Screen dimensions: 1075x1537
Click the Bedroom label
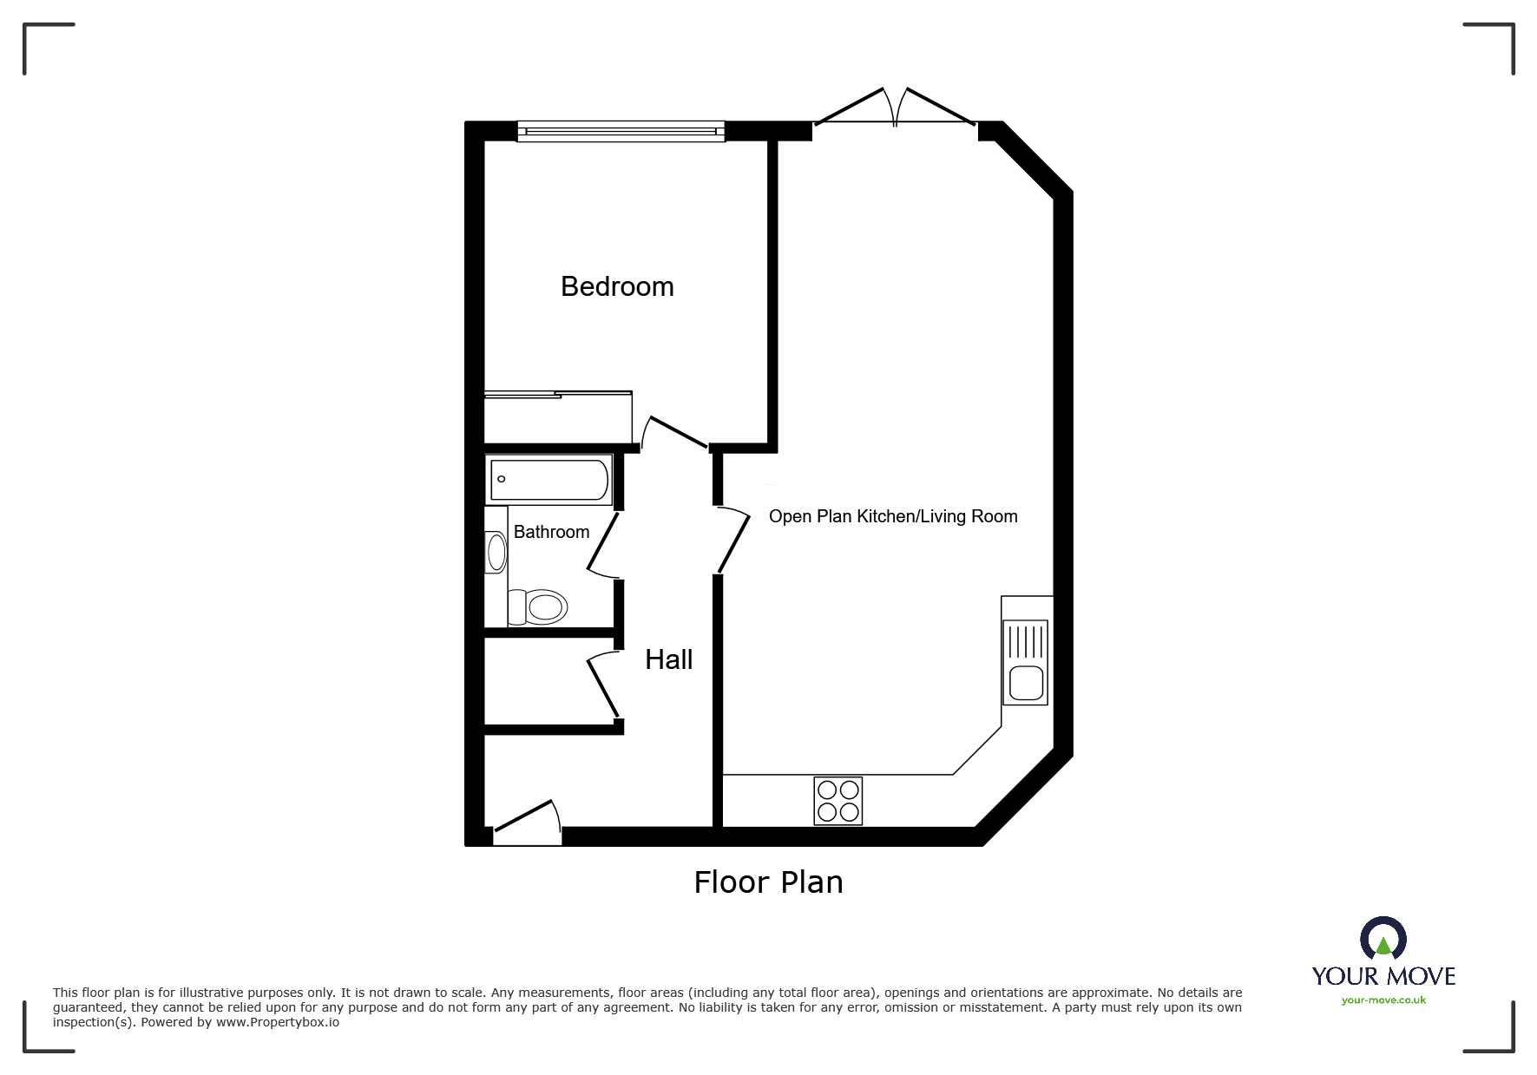(617, 286)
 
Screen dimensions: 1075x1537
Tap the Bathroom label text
(551, 532)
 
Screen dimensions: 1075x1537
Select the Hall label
(668, 659)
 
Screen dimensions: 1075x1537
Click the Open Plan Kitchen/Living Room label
(893, 516)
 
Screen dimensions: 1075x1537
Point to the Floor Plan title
(768, 882)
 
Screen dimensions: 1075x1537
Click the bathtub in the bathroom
(549, 480)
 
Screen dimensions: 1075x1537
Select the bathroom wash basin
(496, 553)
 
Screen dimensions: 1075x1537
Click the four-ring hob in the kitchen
(838, 801)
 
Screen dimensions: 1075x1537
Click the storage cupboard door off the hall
(604, 685)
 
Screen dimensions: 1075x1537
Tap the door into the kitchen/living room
(733, 541)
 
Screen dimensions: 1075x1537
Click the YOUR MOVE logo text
(1383, 976)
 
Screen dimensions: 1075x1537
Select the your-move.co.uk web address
(1383, 1000)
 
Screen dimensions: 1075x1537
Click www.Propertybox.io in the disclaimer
(278, 1022)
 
